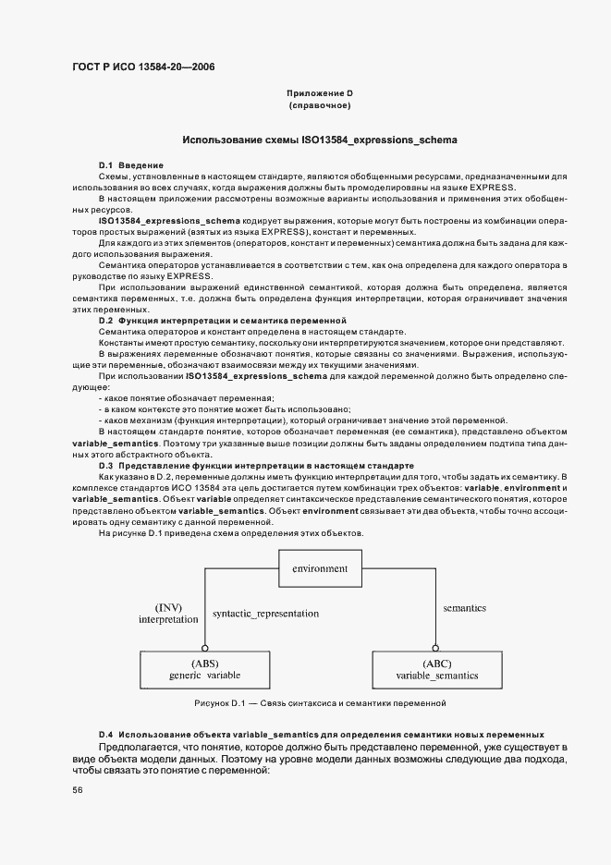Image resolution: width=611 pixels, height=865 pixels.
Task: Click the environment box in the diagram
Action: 319,568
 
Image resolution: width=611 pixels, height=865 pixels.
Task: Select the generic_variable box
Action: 204,669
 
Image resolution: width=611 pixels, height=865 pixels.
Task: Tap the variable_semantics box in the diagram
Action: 437,669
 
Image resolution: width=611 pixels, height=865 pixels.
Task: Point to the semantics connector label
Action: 464,609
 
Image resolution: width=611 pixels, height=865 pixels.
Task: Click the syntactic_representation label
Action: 265,614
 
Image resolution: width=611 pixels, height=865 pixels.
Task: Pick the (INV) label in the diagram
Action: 168,607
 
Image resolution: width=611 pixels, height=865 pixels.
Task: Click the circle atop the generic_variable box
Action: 204,648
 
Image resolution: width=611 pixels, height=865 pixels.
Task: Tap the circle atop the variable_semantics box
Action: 437,648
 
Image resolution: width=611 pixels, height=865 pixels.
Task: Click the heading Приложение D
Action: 320,94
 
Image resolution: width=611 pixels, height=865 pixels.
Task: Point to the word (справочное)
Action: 320,107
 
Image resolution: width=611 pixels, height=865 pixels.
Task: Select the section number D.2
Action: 105,320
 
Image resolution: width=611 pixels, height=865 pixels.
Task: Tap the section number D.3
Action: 105,465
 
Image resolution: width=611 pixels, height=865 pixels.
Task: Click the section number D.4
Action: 105,733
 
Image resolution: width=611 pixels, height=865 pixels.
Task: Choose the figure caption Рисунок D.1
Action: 320,703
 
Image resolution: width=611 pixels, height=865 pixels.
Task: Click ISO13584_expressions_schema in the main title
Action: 379,140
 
